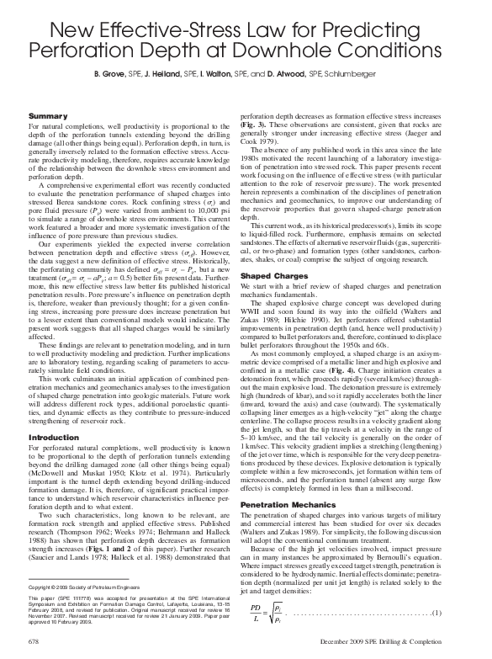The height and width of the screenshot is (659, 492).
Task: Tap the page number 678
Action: pos(35,640)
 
